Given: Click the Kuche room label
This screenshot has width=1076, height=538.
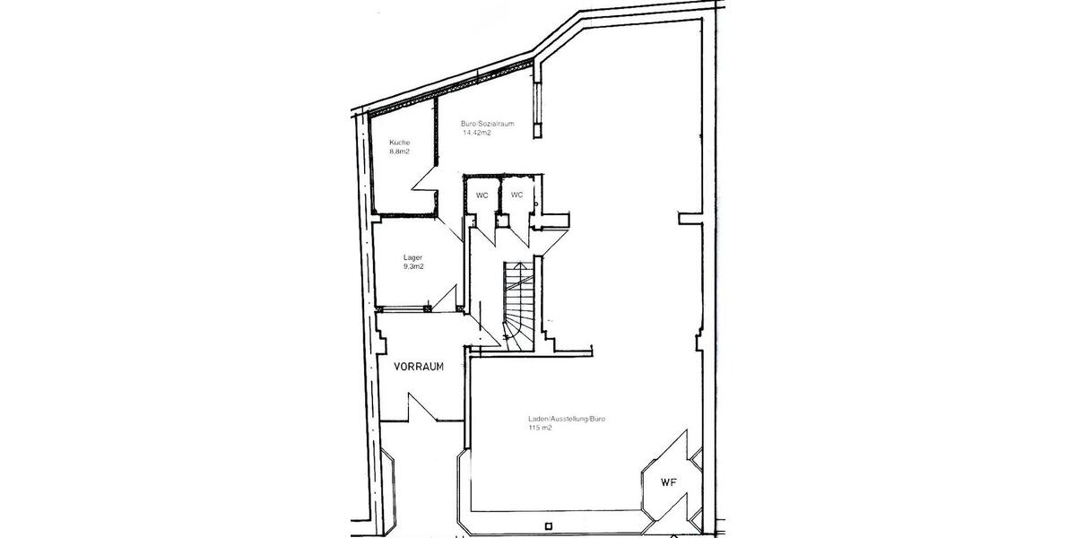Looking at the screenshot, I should [400, 143].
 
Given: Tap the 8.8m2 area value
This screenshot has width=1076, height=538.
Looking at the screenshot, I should [400, 152].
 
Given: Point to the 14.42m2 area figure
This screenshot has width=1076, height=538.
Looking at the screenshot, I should [477, 133].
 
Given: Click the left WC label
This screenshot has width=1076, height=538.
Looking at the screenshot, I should [482, 195].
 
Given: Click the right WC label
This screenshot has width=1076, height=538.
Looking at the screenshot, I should [516, 195].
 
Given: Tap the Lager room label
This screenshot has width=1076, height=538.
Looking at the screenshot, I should [412, 257].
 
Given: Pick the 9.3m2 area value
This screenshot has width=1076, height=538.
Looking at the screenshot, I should [413, 266].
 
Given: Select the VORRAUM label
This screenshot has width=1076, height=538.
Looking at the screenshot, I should [419, 367].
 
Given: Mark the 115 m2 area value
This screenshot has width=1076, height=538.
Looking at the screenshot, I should [540, 429].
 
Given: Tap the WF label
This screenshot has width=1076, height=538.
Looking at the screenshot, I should [668, 483].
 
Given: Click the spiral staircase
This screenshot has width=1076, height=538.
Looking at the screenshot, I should [519, 305].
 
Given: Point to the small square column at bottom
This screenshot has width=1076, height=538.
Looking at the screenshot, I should [547, 525].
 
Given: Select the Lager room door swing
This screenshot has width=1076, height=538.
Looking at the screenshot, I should [446, 297].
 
